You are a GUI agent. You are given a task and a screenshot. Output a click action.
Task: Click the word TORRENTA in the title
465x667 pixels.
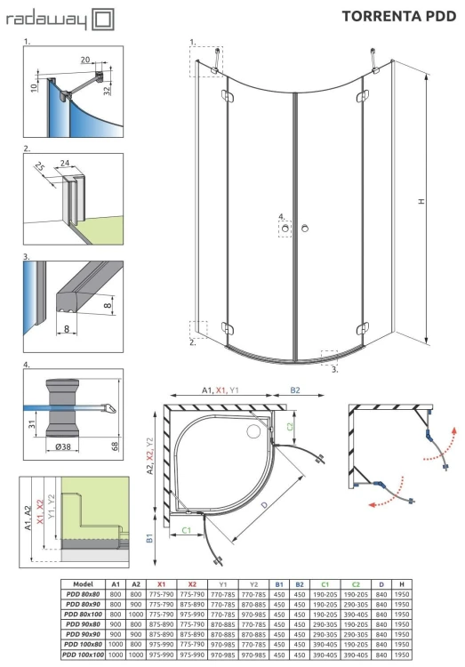[x=376, y=15]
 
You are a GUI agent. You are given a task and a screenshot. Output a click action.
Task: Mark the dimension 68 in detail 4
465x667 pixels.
[x=114, y=445]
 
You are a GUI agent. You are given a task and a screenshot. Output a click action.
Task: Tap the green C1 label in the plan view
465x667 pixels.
[x=188, y=530]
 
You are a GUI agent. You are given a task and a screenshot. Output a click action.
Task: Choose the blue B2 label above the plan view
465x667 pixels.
[x=295, y=390]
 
